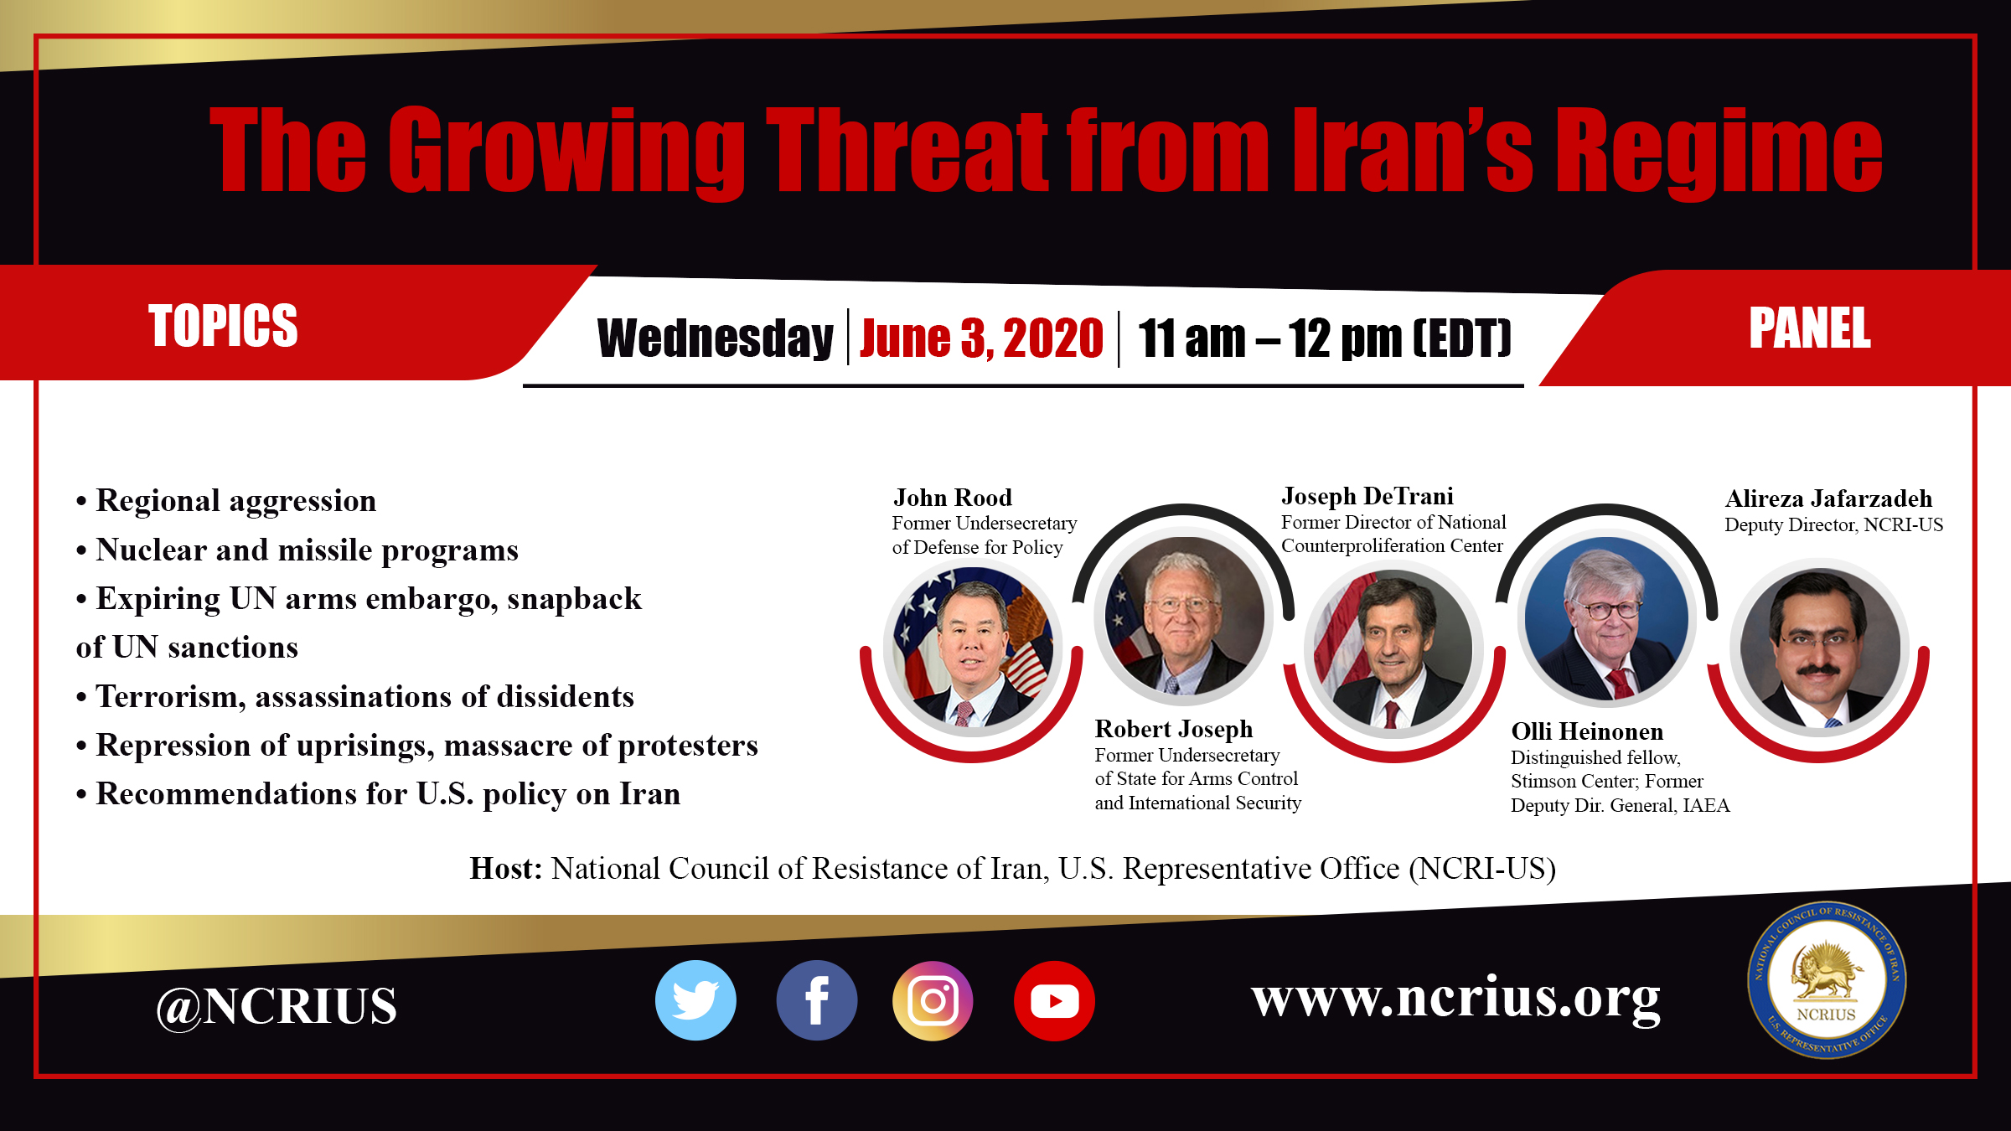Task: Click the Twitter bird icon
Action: point(695,1000)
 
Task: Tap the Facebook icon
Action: point(817,1000)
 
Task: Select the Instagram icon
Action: point(933,1000)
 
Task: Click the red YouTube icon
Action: point(1054,1000)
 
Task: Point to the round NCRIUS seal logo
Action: point(1827,980)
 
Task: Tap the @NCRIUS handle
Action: point(277,1005)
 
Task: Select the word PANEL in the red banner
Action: point(1810,328)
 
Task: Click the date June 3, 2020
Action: point(981,338)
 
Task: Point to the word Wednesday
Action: point(715,338)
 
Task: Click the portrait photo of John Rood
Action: point(972,648)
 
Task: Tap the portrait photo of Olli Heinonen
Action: point(1606,618)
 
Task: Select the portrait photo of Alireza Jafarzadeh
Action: point(1819,648)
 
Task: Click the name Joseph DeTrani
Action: point(1367,496)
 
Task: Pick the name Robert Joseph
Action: point(1174,729)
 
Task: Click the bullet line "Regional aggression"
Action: point(226,500)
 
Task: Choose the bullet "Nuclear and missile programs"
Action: point(297,550)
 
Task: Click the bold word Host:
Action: point(506,869)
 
